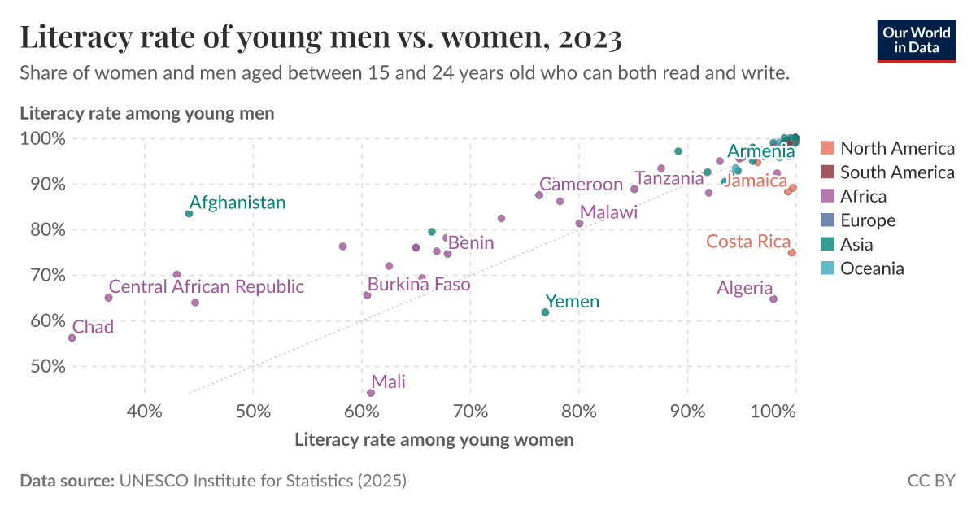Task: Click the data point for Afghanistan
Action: coord(189,213)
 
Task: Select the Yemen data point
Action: coord(545,312)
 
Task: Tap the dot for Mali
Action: coord(371,393)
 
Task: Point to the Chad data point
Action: coord(72,338)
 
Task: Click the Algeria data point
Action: coord(773,299)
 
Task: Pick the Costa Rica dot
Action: coord(791,252)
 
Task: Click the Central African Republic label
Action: coord(206,286)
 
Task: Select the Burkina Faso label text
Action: coord(418,285)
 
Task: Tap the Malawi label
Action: coord(608,212)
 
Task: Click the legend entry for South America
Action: coord(896,172)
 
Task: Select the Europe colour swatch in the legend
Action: coord(827,220)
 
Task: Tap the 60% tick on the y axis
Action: coord(41,320)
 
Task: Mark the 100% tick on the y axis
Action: coord(41,138)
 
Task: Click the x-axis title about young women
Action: coord(434,440)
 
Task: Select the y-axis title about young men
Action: coord(146,113)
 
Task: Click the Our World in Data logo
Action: coord(916,39)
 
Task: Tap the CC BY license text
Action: coord(931,481)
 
